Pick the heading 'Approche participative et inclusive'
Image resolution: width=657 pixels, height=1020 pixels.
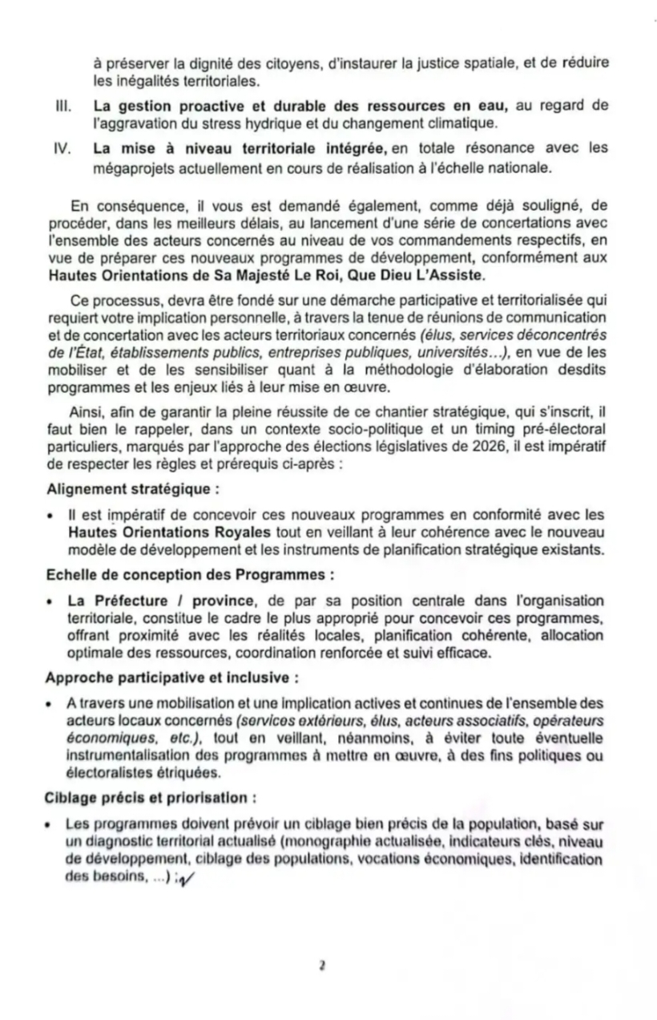coord(172,677)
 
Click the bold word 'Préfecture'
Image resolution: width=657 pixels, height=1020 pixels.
coord(130,601)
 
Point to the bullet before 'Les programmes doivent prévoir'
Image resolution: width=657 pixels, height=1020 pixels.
coord(50,823)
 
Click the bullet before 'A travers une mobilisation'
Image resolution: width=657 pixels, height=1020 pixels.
coord(50,702)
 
